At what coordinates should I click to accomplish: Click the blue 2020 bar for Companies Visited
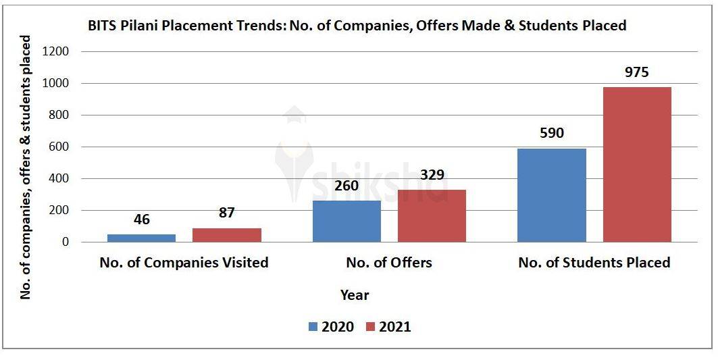point(141,238)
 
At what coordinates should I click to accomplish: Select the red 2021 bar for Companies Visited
point(226,235)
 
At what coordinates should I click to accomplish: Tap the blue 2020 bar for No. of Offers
point(347,221)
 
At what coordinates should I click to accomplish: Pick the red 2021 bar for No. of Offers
point(432,215)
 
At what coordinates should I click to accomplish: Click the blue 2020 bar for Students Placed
point(551,195)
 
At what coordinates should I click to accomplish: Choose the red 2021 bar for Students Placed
point(637,164)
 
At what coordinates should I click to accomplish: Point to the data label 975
point(636,72)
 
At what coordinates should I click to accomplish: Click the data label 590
point(551,133)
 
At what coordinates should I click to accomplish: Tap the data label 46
point(141,220)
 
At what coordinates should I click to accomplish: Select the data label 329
point(432,175)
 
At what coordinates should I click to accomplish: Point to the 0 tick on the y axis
point(66,242)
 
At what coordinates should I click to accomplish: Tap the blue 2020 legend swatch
point(313,327)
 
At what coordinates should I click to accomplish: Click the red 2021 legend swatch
point(370,327)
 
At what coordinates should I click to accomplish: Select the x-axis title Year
point(355,295)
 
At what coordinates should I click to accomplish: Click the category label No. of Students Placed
point(594,263)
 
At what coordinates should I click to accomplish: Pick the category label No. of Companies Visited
point(184,263)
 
